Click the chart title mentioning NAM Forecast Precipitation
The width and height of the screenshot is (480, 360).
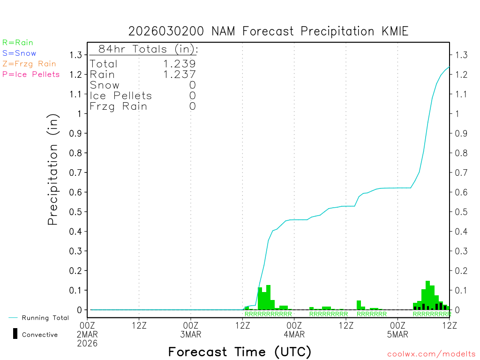[269, 31]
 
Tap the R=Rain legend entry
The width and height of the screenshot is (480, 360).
[18, 43]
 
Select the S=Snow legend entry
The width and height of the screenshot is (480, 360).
[19, 53]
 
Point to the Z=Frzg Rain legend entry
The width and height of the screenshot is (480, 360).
[29, 64]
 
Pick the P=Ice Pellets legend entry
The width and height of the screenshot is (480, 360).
[31, 74]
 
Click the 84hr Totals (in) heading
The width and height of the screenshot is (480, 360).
[148, 49]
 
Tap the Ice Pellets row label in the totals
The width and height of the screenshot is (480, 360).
[121, 96]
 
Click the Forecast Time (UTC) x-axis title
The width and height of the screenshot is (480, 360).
[240, 352]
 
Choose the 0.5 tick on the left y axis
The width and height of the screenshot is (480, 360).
[77, 212]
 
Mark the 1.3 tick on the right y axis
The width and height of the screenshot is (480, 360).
[461, 55]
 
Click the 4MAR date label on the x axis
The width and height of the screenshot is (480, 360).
[294, 335]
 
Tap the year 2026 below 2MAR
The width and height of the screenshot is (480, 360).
[88, 344]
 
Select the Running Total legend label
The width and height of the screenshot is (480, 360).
[45, 318]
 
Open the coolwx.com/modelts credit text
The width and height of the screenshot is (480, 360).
[431, 354]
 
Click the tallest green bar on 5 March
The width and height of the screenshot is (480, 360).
[427, 295]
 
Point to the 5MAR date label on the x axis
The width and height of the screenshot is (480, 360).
[397, 335]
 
